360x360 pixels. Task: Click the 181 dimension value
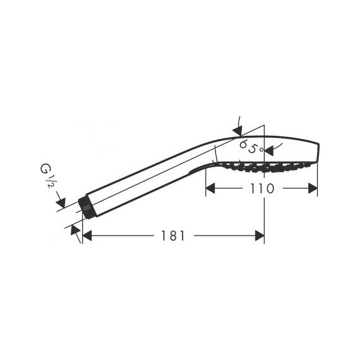(172, 236)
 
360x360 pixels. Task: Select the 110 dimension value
(260, 188)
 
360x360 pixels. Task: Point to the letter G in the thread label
(47, 170)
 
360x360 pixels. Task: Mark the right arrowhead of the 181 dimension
(259, 236)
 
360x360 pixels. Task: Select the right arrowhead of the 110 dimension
(312, 188)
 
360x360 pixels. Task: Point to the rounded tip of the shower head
(319, 152)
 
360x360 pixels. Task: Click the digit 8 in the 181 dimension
(172, 236)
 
